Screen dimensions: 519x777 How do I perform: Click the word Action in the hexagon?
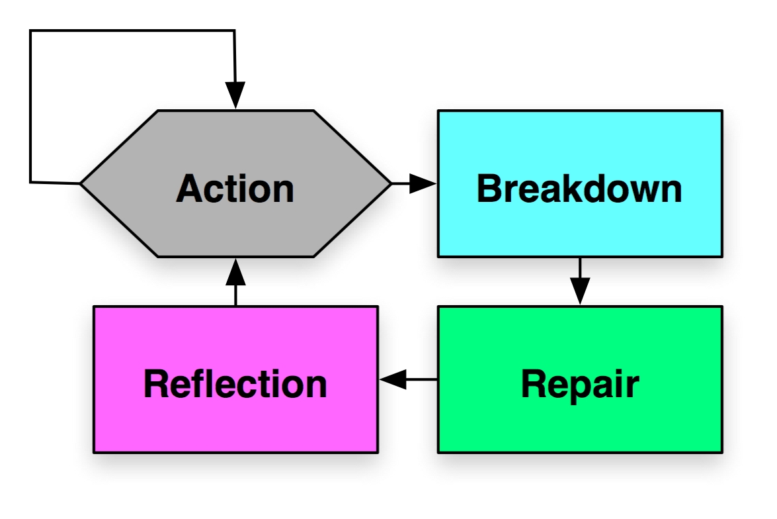[235, 189]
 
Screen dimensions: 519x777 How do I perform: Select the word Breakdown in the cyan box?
[579, 189]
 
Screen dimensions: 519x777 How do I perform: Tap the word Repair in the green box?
[579, 384]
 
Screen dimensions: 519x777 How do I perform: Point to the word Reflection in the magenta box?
[235, 384]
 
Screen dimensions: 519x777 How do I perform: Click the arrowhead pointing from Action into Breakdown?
[423, 183]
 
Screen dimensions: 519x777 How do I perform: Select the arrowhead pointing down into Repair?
[580, 291]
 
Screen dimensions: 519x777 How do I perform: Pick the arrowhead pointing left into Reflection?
[393, 380]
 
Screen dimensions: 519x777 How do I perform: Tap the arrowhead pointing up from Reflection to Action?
[235, 271]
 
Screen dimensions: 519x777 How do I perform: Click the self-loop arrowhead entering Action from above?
[235, 95]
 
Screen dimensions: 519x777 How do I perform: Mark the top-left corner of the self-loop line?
[30, 30]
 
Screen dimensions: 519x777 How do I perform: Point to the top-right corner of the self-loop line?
[235, 30]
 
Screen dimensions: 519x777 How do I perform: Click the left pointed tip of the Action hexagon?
[81, 183]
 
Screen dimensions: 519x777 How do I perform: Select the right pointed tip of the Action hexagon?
[391, 183]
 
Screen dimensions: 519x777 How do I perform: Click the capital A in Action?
[190, 189]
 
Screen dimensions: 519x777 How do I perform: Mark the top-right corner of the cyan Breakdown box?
[721, 111]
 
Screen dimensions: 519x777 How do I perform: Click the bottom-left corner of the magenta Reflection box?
[94, 452]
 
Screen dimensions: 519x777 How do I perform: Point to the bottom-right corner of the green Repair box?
[721, 452]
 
